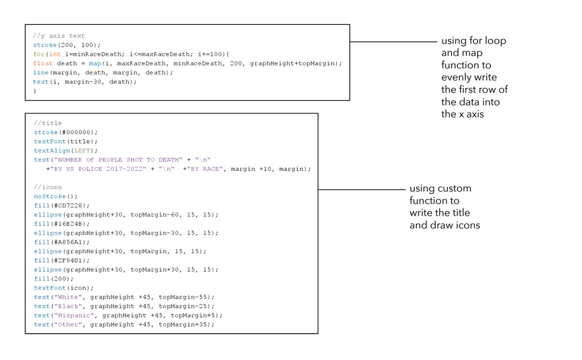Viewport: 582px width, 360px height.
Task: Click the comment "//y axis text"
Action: (x=59, y=36)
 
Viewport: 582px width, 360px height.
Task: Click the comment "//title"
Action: (x=48, y=123)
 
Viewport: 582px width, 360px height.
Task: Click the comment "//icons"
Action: (x=48, y=187)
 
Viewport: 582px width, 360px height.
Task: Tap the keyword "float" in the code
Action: (x=43, y=63)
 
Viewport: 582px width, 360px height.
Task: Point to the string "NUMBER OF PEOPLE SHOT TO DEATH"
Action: (x=126, y=160)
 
